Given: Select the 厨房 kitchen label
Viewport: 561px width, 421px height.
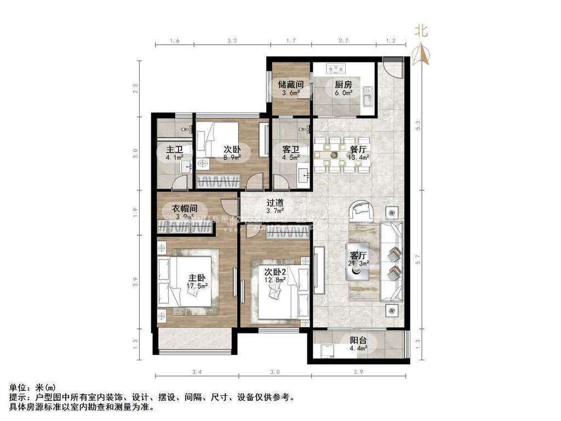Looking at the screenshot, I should (x=343, y=84).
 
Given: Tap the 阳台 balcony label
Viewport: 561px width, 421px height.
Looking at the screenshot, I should (x=359, y=340).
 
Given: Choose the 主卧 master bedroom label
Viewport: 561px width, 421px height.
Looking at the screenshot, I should (x=194, y=277).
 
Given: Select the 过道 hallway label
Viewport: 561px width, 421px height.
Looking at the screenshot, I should (x=275, y=202).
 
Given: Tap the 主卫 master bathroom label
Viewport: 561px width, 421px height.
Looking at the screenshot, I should (x=174, y=149).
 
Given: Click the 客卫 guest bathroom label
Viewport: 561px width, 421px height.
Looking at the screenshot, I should (x=290, y=149).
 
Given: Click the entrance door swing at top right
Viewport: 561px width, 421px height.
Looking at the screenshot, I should (x=394, y=67).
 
